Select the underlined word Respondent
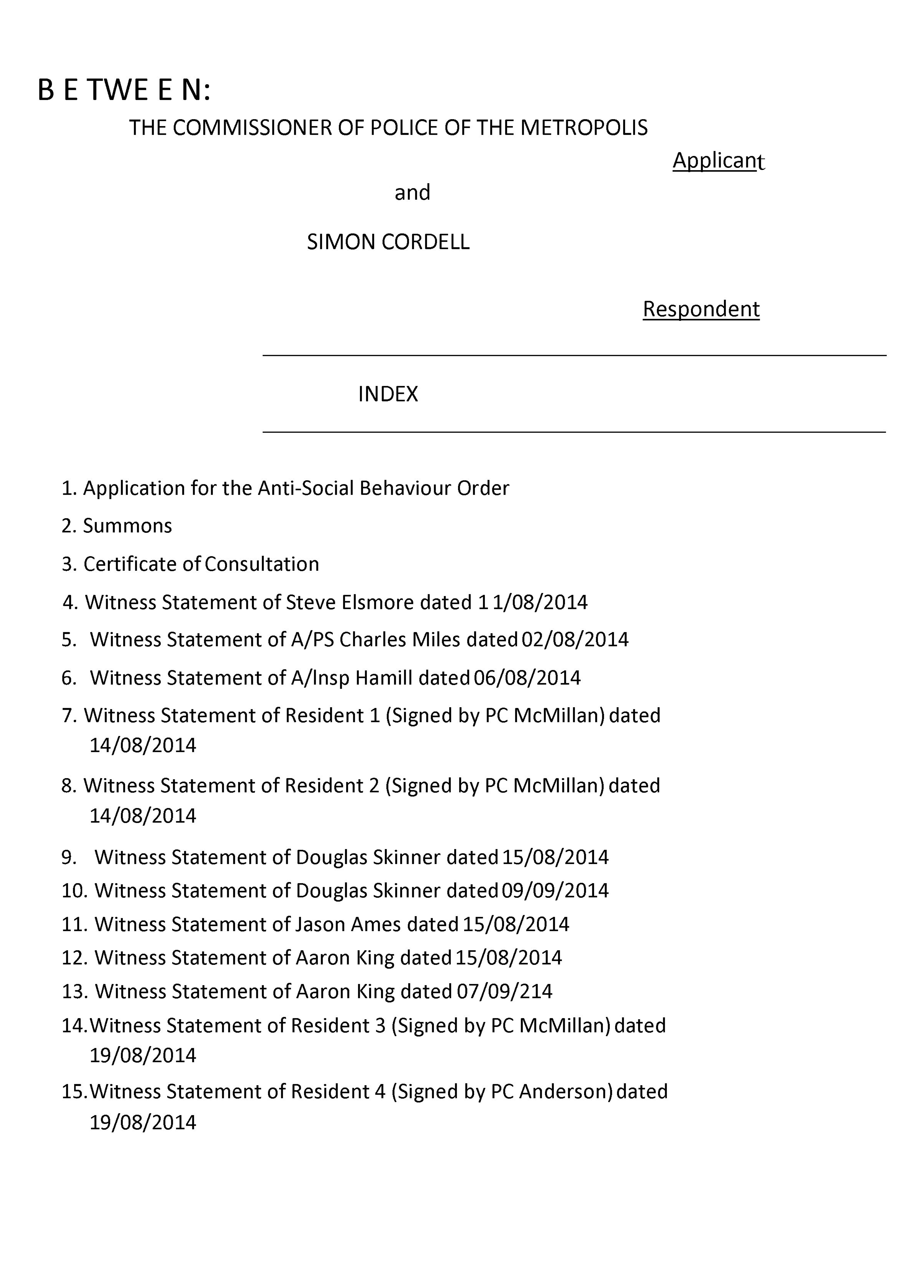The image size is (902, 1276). (701, 309)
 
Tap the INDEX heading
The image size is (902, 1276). (388, 394)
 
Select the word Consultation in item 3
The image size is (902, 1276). (261, 564)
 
